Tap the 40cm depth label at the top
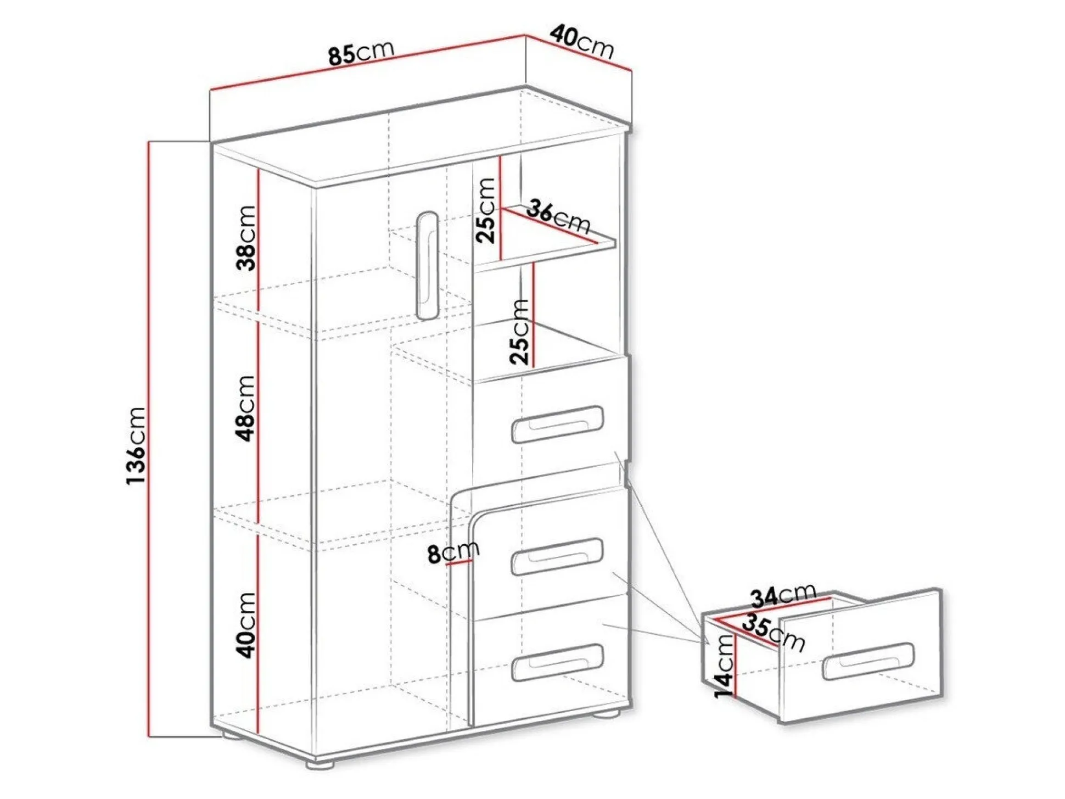pos(581,42)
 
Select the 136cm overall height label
pos(136,445)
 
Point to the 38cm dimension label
pos(246,238)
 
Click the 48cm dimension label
pos(246,408)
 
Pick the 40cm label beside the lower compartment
pos(246,625)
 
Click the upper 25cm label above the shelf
pos(486,210)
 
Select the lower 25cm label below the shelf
pos(519,332)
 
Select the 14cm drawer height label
pos(725,666)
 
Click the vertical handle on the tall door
pos(427,265)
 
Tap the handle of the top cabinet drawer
pos(557,424)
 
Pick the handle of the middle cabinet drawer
pos(557,556)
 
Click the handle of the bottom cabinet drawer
pos(557,662)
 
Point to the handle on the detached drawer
pos(867,661)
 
